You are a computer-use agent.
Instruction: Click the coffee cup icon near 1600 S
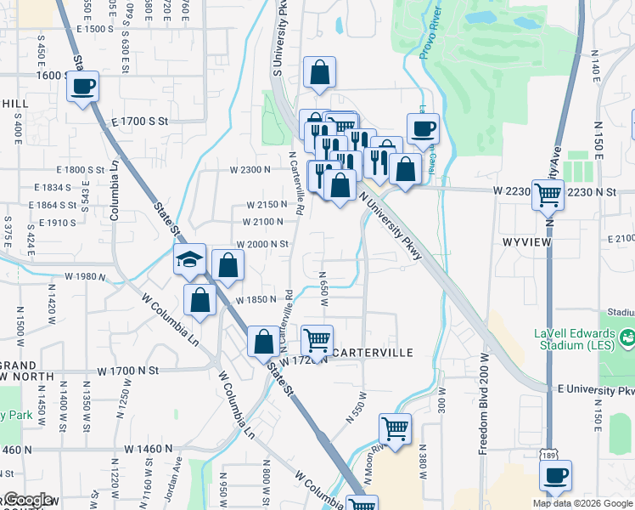(x=83, y=87)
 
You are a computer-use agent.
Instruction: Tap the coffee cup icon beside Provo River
(x=423, y=129)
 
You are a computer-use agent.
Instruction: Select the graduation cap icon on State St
(x=190, y=260)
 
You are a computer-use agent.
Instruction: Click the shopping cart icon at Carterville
(x=317, y=341)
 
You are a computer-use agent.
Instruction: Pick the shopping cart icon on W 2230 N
(x=548, y=195)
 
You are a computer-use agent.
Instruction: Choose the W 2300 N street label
(x=250, y=169)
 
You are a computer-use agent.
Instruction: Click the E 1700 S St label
(x=140, y=122)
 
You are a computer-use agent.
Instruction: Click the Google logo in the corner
(x=25, y=500)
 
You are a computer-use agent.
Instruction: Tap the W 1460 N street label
(x=148, y=448)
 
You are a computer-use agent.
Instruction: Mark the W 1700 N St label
(x=128, y=371)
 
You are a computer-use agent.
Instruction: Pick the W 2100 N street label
(x=262, y=222)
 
